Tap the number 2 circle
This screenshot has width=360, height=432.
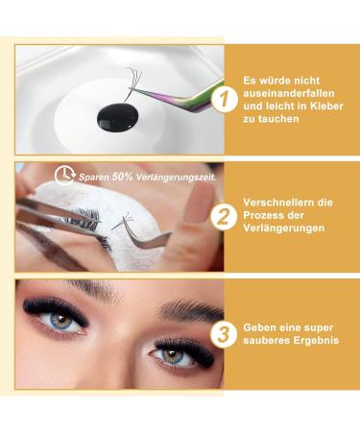click(223, 217)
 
